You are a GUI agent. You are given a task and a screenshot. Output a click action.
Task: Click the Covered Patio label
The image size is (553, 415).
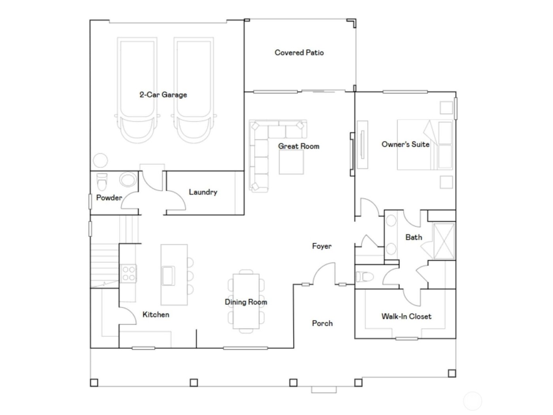pos(299,53)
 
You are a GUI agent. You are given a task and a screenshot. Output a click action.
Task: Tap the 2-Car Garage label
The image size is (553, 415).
pos(163,95)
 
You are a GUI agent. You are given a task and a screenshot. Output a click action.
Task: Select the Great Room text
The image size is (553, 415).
pos(299,146)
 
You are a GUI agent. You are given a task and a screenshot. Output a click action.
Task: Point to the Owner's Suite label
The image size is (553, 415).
pos(405,144)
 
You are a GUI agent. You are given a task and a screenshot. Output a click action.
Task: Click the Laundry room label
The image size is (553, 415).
pos(203,192)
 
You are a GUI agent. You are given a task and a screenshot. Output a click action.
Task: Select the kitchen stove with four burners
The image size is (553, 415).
pos(128,273)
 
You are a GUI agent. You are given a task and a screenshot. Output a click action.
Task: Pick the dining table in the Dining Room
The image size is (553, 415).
pos(246,301)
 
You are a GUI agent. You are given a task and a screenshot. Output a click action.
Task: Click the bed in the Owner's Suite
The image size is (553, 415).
pos(425,145)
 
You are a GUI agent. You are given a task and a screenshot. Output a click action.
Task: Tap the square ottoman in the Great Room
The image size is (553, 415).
pos(292,162)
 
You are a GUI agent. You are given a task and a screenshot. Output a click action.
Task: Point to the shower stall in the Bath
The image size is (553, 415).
pos(444,241)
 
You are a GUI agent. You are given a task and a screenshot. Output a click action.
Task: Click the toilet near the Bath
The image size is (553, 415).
pos(363,277)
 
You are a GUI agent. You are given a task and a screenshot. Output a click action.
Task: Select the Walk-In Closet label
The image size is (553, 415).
pos(406,316)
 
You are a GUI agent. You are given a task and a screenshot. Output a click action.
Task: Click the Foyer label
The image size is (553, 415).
pos(322,246)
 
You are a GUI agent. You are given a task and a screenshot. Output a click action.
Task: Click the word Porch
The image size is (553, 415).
pos(322,323)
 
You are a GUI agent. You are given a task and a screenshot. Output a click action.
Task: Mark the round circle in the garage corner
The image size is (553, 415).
pos(100,161)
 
